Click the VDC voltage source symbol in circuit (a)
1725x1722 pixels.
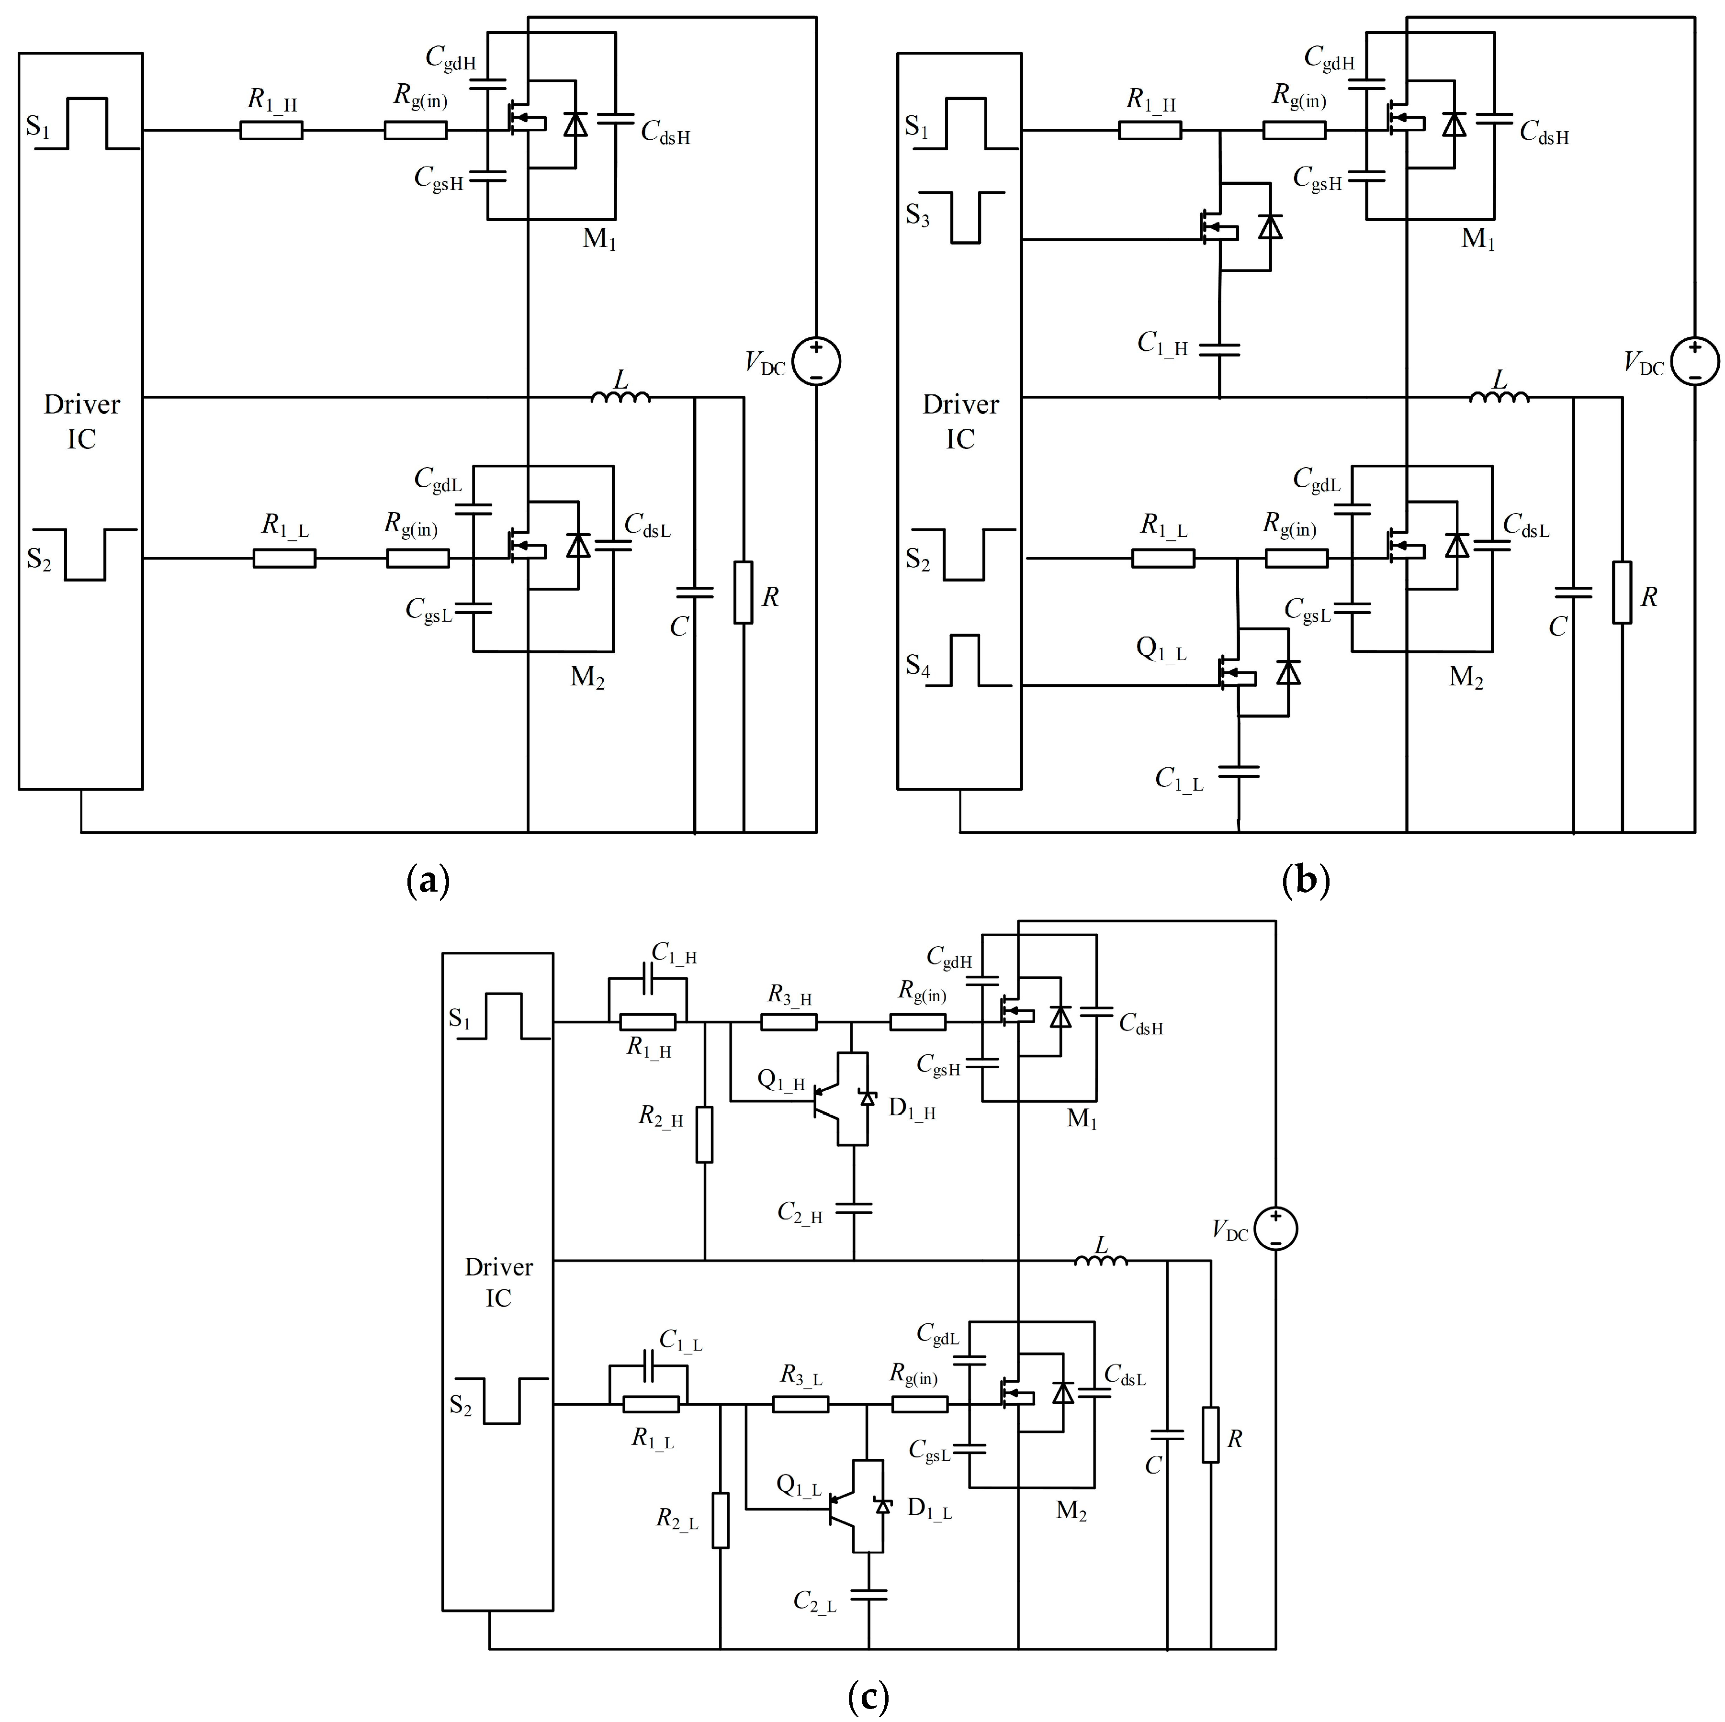tap(816, 361)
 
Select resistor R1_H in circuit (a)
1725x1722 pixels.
tap(271, 130)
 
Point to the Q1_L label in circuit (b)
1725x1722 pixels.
tap(1161, 648)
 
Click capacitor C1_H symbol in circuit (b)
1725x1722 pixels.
tap(1219, 348)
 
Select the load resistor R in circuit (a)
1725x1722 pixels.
tap(743, 592)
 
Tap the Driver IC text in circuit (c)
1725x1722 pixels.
tap(498, 1282)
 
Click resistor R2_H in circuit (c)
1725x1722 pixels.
tap(704, 1135)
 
